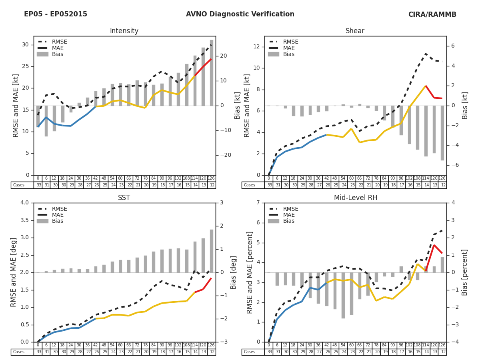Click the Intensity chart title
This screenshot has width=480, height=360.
coord(124,31)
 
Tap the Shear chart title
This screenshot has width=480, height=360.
coord(355,31)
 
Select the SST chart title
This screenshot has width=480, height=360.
coord(124,198)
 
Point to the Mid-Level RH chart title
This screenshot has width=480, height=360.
coord(355,198)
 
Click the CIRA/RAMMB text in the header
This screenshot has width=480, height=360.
coord(432,14)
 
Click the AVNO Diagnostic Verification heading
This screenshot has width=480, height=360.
coord(240,14)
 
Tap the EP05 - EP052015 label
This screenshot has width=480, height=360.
coord(56,14)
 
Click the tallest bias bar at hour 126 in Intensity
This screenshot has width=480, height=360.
coord(212,72)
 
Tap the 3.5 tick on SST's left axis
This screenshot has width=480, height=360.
coord(25,220)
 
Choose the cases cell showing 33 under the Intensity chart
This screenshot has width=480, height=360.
coord(38,185)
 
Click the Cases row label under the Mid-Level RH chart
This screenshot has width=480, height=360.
coord(250,352)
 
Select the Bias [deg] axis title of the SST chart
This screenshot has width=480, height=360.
coord(234,272)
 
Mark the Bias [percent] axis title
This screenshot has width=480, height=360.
coord(464,272)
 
